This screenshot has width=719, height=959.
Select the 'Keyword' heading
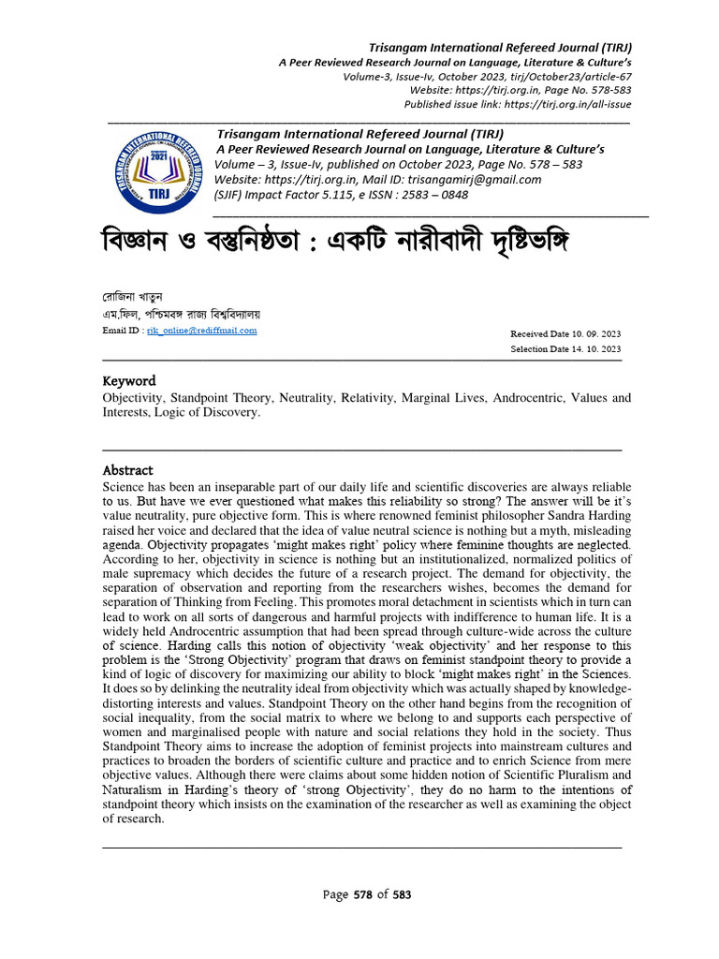coord(128,381)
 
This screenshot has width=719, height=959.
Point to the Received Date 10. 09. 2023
coord(565,334)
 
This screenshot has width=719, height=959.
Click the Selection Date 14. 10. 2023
coord(565,349)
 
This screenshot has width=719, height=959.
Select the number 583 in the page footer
coord(402,895)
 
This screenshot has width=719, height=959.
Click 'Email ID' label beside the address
coord(122,332)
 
